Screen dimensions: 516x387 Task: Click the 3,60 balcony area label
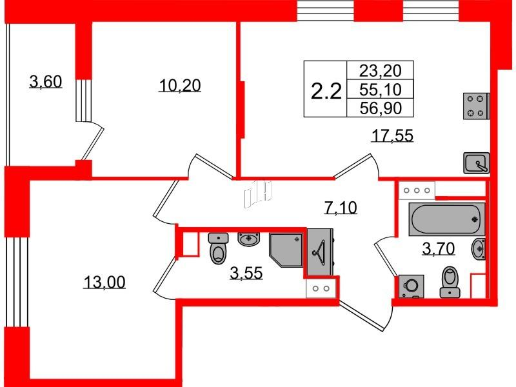tap(46, 82)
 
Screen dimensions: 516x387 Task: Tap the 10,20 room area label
tap(180, 86)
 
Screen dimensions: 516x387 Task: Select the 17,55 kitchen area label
tap(392, 135)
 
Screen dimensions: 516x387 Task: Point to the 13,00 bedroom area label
tap(104, 282)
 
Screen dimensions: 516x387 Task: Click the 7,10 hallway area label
tap(341, 208)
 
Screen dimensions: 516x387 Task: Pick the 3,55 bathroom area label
tap(246, 273)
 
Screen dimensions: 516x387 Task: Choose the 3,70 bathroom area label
tap(439, 248)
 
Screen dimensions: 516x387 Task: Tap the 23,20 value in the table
tap(381, 70)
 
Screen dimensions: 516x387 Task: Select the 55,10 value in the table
tap(381, 89)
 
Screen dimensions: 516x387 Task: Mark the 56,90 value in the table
tap(381, 108)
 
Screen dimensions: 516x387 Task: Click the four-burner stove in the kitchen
tap(476, 106)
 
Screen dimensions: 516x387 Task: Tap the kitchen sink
tap(477, 163)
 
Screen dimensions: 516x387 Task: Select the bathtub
tap(447, 219)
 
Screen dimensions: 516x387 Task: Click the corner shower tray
tap(286, 250)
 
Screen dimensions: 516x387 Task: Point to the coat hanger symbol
tap(319, 252)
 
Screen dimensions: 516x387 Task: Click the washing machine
tap(411, 286)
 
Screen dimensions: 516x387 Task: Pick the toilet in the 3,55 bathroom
tap(219, 248)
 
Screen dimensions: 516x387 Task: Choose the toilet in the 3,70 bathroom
tap(450, 282)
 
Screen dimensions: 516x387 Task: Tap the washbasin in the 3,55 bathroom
tap(249, 239)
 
